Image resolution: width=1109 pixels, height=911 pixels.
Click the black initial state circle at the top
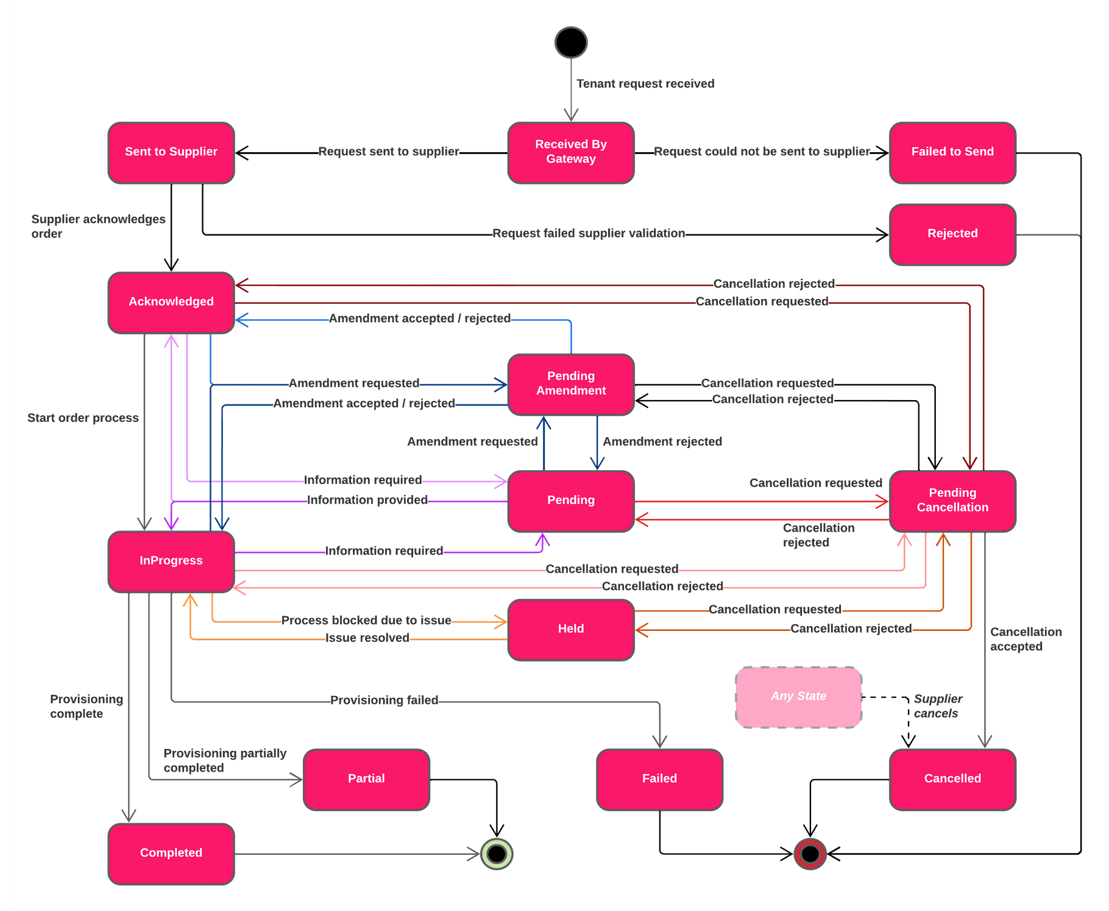(x=571, y=43)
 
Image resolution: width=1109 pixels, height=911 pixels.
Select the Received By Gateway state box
(x=571, y=152)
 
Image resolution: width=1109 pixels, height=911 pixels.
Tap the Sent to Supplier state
(x=171, y=152)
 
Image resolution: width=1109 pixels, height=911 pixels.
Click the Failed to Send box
(x=952, y=152)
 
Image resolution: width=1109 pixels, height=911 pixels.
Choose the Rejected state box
(x=952, y=234)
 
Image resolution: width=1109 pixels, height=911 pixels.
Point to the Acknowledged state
(x=171, y=302)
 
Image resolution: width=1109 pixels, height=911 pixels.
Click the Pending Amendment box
(x=571, y=384)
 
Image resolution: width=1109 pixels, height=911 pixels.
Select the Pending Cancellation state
(x=952, y=501)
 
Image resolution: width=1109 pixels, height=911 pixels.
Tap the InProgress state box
(x=171, y=561)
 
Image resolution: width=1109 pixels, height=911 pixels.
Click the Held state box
(x=571, y=629)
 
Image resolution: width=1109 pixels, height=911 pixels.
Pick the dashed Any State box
(x=798, y=697)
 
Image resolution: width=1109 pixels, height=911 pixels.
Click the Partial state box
(x=366, y=779)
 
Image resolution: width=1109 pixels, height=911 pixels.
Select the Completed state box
(x=171, y=853)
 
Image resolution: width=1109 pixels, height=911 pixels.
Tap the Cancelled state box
(x=952, y=779)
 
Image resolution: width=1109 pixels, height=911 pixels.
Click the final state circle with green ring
(x=497, y=854)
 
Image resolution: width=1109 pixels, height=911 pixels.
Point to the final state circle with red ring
(x=810, y=854)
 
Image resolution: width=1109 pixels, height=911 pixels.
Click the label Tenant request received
(x=645, y=84)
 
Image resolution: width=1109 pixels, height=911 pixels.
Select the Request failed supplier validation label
(x=588, y=233)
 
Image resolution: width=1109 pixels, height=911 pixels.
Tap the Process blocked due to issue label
(x=366, y=621)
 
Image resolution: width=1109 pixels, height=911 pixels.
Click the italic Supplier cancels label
(x=937, y=706)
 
